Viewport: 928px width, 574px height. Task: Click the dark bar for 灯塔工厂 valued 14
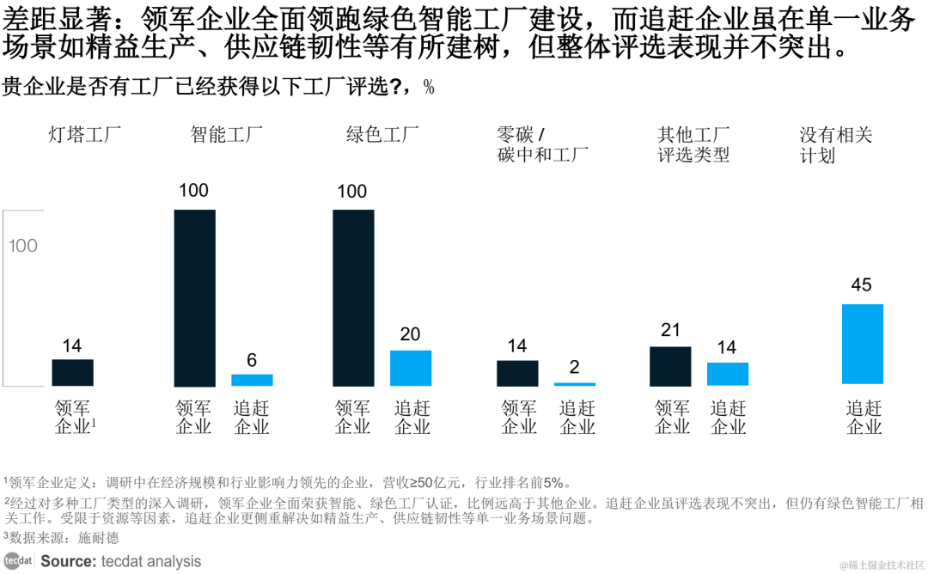[x=72, y=372]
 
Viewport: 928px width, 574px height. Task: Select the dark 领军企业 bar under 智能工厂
[x=194, y=297]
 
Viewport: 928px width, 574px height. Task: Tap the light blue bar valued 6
[x=252, y=380]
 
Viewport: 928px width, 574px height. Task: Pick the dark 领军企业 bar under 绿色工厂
[x=353, y=297]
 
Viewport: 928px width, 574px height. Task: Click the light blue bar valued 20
[x=411, y=368]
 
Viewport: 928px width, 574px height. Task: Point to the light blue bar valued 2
[x=575, y=384]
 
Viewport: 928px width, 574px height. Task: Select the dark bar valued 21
[x=670, y=366]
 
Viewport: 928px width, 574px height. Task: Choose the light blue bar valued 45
[x=862, y=344]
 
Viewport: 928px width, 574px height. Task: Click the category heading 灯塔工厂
[x=84, y=135]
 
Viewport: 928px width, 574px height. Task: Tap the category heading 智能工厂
[x=226, y=135]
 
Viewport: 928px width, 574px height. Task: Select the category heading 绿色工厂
[x=382, y=135]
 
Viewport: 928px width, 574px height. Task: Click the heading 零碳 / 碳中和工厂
[x=541, y=144]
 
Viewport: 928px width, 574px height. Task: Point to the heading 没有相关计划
[x=835, y=144]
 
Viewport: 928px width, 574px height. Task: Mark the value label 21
[x=670, y=330]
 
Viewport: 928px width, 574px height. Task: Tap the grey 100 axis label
[x=23, y=246]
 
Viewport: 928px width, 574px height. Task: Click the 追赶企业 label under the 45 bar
[x=864, y=417]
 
